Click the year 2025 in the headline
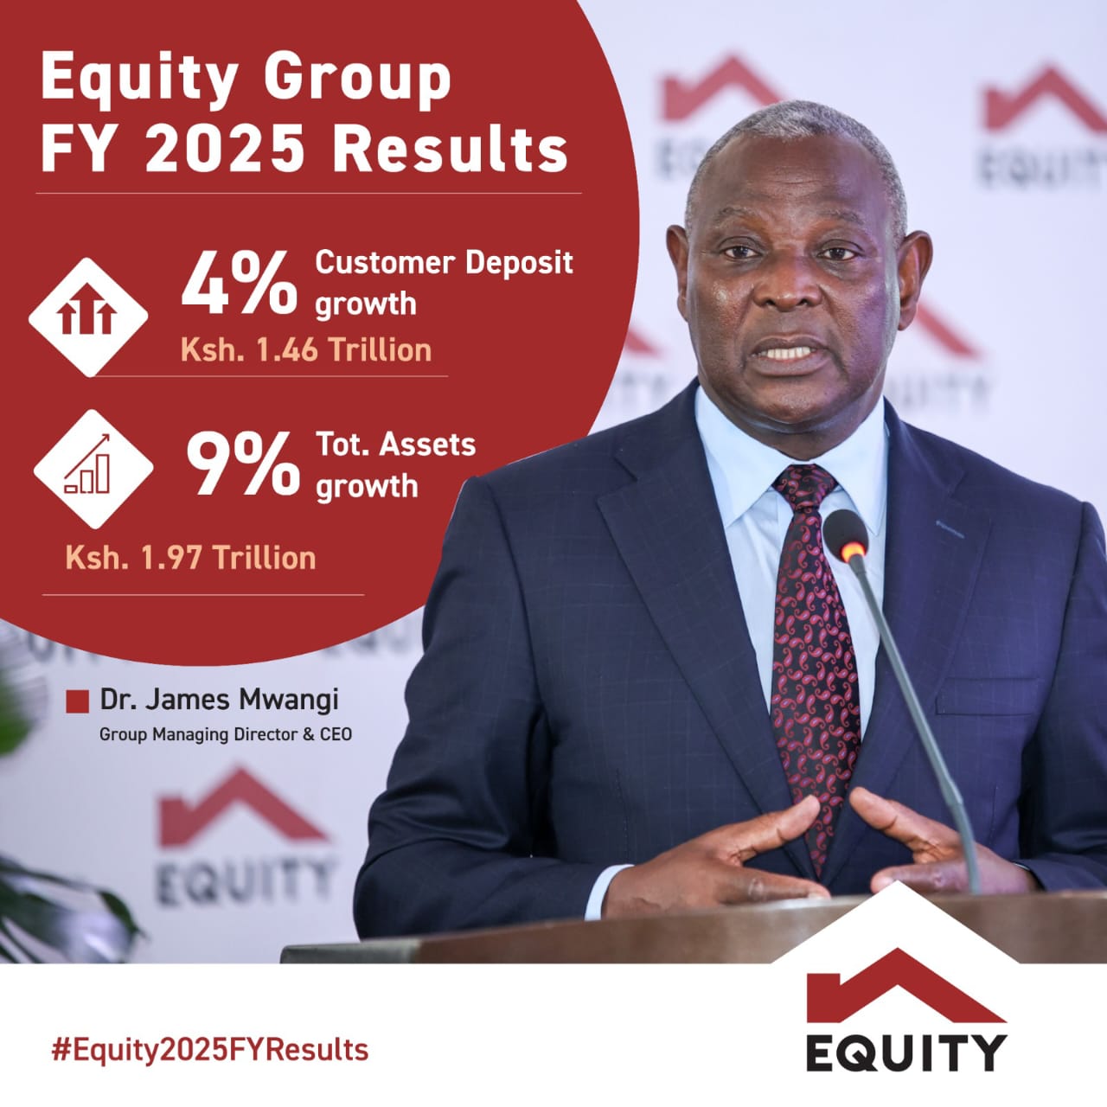tap(224, 151)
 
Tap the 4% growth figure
tap(240, 283)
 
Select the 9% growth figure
tap(243, 464)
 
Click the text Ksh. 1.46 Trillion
tap(306, 350)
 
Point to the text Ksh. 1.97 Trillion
tap(191, 557)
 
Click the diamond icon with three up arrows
tap(88, 317)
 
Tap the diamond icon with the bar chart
tap(93, 469)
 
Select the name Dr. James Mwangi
tap(220, 701)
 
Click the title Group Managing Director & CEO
tap(226, 735)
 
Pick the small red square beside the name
tap(77, 701)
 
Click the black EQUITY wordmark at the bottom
tap(906, 1053)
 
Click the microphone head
tap(845, 536)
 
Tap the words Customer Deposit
tap(444, 263)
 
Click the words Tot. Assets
tap(396, 445)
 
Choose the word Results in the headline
tap(450, 151)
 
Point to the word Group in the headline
tap(357, 80)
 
